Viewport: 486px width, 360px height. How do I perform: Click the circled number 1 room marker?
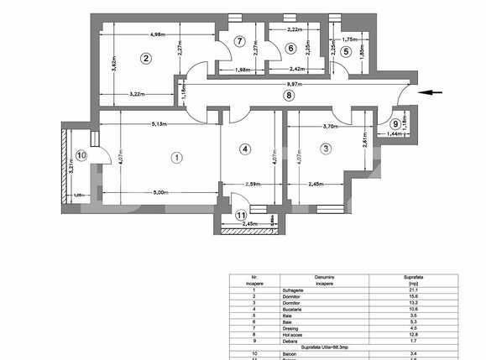click(x=176, y=156)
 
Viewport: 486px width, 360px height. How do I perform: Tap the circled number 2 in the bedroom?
click(x=145, y=58)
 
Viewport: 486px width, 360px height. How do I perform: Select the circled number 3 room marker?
click(x=326, y=149)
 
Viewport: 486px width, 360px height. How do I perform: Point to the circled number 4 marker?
click(x=245, y=149)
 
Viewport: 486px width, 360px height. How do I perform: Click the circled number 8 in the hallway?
click(x=288, y=96)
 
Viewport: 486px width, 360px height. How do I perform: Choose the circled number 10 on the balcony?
click(x=81, y=154)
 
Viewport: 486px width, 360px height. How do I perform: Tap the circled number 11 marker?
click(x=241, y=216)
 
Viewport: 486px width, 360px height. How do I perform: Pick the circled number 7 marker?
click(x=240, y=41)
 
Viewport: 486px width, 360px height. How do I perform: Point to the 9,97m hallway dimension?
click(x=292, y=85)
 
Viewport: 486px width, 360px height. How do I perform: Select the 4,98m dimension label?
click(x=157, y=35)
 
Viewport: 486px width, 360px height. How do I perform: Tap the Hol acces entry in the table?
click(x=295, y=332)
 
